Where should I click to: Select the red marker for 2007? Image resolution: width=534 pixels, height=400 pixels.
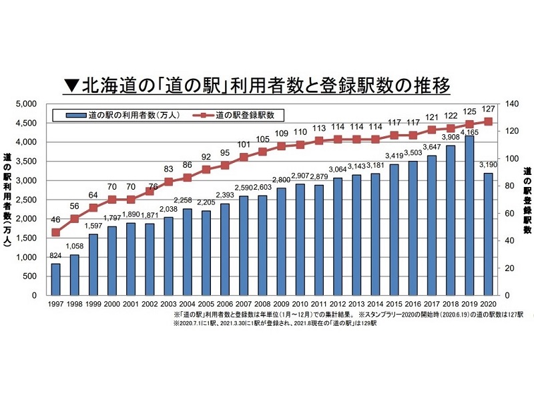coord(244,157)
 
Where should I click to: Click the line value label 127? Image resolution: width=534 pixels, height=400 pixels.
coord(489,109)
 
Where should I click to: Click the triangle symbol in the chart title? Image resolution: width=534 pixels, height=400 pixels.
coord(71,86)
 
